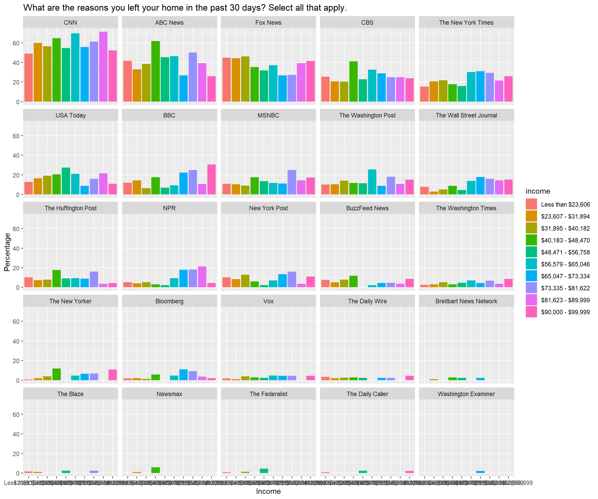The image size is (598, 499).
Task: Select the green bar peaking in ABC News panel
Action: [155, 71]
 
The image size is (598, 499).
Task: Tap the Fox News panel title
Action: [268, 23]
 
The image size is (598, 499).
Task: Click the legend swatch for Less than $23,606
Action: [531, 205]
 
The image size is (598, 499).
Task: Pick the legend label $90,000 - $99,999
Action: [565, 312]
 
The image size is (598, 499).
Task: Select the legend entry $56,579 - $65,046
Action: [565, 264]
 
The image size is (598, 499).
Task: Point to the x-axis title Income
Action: [268, 491]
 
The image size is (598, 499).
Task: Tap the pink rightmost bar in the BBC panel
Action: [211, 180]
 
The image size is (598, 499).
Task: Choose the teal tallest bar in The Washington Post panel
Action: [372, 182]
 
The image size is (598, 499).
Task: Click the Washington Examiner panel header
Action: [466, 394]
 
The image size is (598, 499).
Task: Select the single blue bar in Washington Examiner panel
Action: [480, 472]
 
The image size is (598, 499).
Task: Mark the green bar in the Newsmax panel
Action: [155, 470]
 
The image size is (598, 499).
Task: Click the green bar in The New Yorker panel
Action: [57, 375]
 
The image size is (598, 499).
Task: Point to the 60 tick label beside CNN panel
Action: [16, 43]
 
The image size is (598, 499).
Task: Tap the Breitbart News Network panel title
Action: [466, 301]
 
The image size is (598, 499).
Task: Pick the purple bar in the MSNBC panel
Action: [291, 182]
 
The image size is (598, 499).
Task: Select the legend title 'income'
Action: [538, 191]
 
